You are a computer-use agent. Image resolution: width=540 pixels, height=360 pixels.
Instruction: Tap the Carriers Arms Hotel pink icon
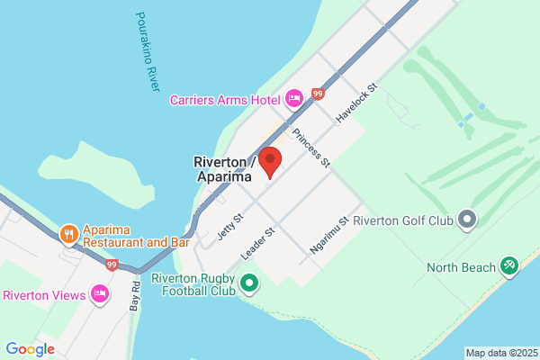pyautogui.click(x=293, y=98)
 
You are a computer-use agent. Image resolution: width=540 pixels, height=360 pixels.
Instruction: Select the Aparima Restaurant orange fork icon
pyautogui.click(x=69, y=235)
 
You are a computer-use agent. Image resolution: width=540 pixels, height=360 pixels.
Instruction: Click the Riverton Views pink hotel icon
pyautogui.click(x=100, y=294)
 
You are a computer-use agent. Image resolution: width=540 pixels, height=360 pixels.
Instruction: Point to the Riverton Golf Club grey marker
pyautogui.click(x=466, y=220)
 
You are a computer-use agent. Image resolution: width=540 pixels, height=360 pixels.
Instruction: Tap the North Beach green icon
pyautogui.click(x=509, y=266)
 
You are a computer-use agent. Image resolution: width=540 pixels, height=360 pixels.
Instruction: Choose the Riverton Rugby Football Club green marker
pyautogui.click(x=249, y=285)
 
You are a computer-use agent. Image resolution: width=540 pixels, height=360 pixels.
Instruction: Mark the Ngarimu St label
pyautogui.click(x=329, y=234)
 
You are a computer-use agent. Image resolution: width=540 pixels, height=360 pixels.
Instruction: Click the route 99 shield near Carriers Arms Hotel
pyautogui.click(x=318, y=93)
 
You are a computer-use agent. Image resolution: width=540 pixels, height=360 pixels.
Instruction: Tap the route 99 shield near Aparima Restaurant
pyautogui.click(x=112, y=265)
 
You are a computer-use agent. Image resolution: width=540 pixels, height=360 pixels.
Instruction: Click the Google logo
pyautogui.click(x=30, y=348)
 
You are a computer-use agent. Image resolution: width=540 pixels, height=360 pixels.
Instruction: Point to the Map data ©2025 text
pyautogui.click(x=500, y=353)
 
